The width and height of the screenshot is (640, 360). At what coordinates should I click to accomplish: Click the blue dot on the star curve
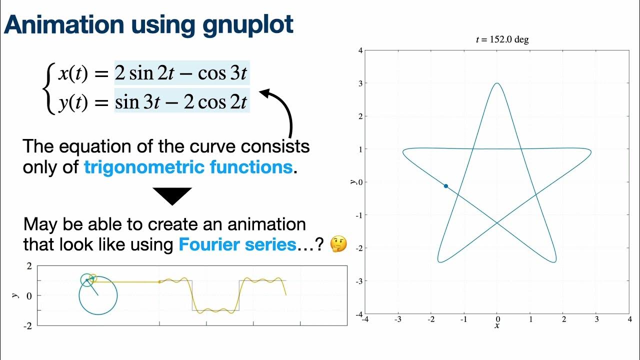point(445,186)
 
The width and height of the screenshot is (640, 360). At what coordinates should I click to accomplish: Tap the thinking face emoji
point(339,244)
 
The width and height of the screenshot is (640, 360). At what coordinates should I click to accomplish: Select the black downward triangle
point(172,196)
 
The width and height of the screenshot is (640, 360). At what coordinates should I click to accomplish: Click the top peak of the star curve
point(496,83)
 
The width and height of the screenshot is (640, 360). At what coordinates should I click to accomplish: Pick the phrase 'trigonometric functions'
point(188,167)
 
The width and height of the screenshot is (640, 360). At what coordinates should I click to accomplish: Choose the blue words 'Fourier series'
point(237,244)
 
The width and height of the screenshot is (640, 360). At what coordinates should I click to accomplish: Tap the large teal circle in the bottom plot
point(98,296)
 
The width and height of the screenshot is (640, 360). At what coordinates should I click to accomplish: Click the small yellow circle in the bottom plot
point(92,277)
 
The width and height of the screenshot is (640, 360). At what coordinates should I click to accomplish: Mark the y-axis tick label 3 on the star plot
point(360,83)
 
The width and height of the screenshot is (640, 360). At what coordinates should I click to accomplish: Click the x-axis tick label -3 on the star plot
point(397,319)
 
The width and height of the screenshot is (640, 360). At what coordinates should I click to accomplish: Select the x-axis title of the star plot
point(496,326)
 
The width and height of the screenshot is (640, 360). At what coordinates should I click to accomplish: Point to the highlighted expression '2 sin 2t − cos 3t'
point(181,73)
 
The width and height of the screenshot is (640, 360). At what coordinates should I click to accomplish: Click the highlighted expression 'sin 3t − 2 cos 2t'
point(181,102)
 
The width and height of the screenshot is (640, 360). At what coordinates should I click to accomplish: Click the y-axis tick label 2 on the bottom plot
point(28,265)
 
